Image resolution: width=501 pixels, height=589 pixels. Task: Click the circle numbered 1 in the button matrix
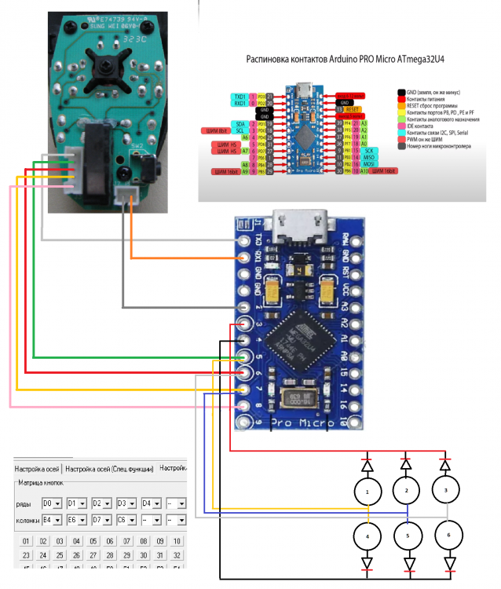pyautogui.click(x=367, y=492)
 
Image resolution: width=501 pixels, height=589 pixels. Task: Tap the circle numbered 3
pyautogui.click(x=445, y=490)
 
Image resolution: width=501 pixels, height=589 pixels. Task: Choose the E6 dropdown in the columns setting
pyautogui.click(x=76, y=520)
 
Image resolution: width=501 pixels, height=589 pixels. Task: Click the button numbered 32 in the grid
pyautogui.click(x=177, y=555)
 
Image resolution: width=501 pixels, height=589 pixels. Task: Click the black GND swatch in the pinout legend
pyautogui.click(x=401, y=92)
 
